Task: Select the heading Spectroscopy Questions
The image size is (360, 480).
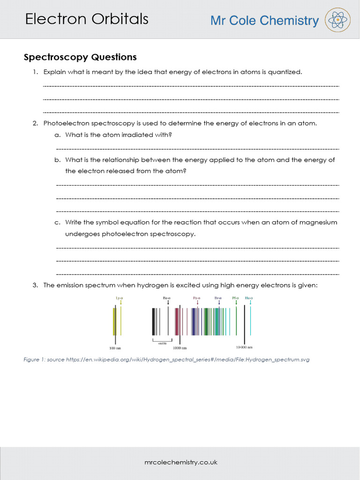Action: point(80,57)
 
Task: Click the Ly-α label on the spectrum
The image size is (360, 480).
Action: point(119,298)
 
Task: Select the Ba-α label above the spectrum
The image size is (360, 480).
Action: point(166,298)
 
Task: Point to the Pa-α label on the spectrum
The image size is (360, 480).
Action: point(197,298)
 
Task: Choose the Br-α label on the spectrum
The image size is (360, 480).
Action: point(218,298)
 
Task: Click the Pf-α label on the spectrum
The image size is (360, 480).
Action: point(236,298)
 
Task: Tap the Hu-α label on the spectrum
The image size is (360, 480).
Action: point(249,298)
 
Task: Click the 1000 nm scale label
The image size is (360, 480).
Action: point(180,348)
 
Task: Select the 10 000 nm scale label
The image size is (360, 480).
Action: point(244,347)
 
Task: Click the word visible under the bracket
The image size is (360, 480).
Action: point(163,343)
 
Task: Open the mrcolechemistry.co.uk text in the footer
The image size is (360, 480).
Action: point(180,462)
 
